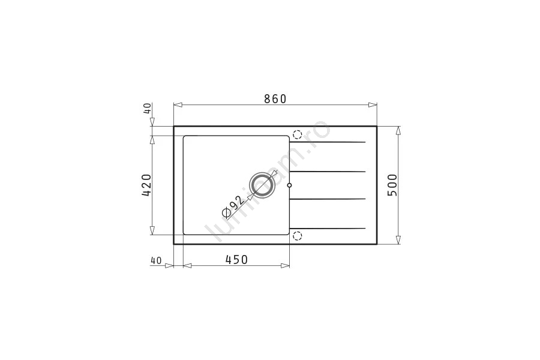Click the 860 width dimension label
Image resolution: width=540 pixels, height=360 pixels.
click(275, 99)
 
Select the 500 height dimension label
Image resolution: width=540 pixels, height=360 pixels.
click(392, 185)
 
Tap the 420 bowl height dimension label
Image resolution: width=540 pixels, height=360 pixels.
click(146, 185)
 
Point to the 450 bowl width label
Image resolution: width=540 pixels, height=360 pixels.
click(236, 259)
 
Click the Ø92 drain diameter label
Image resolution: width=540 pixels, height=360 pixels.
click(233, 207)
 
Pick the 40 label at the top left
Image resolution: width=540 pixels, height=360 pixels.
click(147, 108)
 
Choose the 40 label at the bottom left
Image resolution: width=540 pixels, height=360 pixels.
click(156, 261)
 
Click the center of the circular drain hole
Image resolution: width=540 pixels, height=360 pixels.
click(262, 185)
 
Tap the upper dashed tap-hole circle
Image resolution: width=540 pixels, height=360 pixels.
click(297, 134)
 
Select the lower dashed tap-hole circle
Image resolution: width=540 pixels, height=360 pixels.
click(297, 236)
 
